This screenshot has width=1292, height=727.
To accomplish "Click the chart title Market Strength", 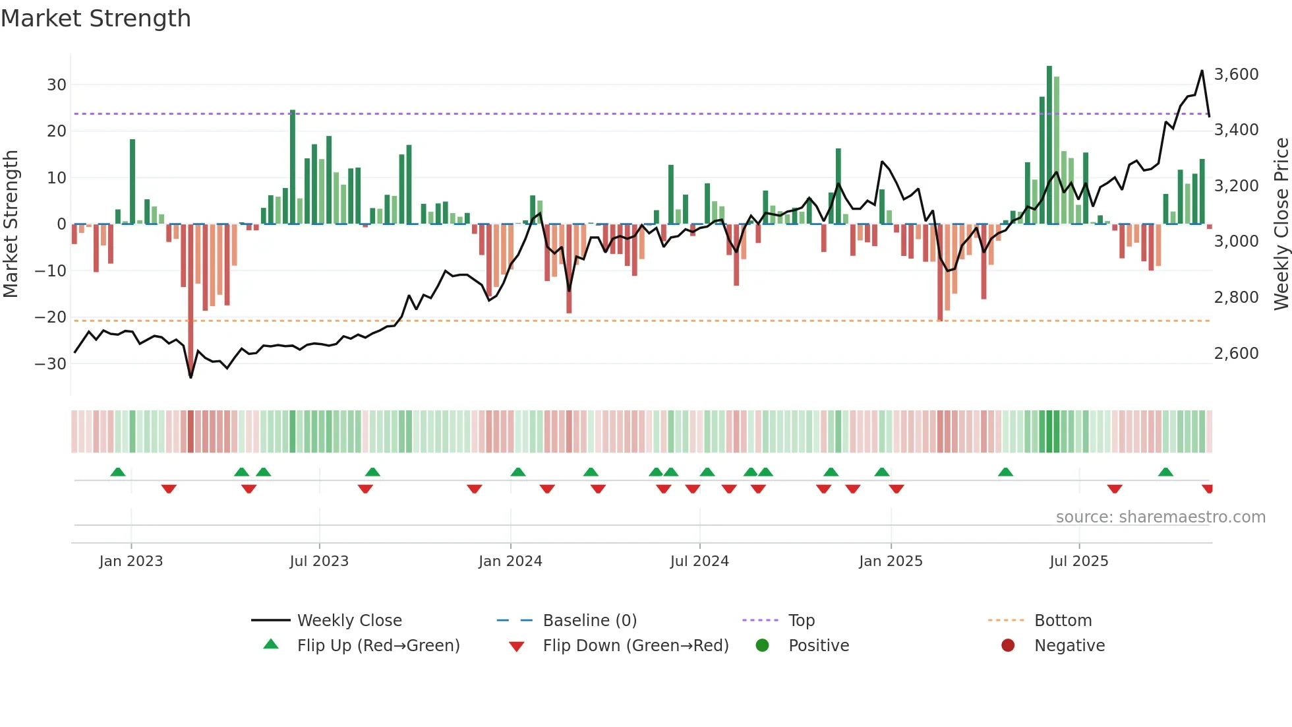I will pyautogui.click(x=96, y=18).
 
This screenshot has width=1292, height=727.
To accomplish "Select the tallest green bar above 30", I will pyautogui.click(x=1049, y=145).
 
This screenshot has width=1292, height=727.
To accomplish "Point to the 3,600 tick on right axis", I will pyautogui.click(x=1236, y=75).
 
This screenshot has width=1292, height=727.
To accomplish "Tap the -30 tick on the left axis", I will pyautogui.click(x=51, y=363).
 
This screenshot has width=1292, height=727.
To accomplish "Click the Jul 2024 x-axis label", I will pyautogui.click(x=699, y=561).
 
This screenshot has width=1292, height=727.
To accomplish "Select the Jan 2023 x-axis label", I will pyautogui.click(x=131, y=561).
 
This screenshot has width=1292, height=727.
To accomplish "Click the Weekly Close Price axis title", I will pyautogui.click(x=1281, y=224).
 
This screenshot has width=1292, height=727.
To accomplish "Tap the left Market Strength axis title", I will pyautogui.click(x=11, y=224).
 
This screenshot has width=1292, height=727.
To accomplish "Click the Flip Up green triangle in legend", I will pyautogui.click(x=271, y=645).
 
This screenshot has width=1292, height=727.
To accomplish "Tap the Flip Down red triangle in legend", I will pyautogui.click(x=517, y=647).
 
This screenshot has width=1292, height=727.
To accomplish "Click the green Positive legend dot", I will pyautogui.click(x=763, y=645).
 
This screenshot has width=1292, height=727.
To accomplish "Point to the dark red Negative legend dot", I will pyautogui.click(x=1008, y=645).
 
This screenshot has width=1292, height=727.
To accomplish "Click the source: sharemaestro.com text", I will pyautogui.click(x=1160, y=517).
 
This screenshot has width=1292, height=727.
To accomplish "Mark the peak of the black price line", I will pyautogui.click(x=1202, y=71).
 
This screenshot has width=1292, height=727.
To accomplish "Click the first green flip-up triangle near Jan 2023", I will pyautogui.click(x=118, y=472).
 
